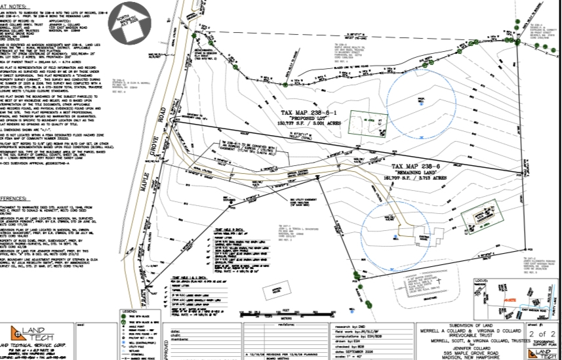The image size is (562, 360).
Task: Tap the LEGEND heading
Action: (x=128, y=311)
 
